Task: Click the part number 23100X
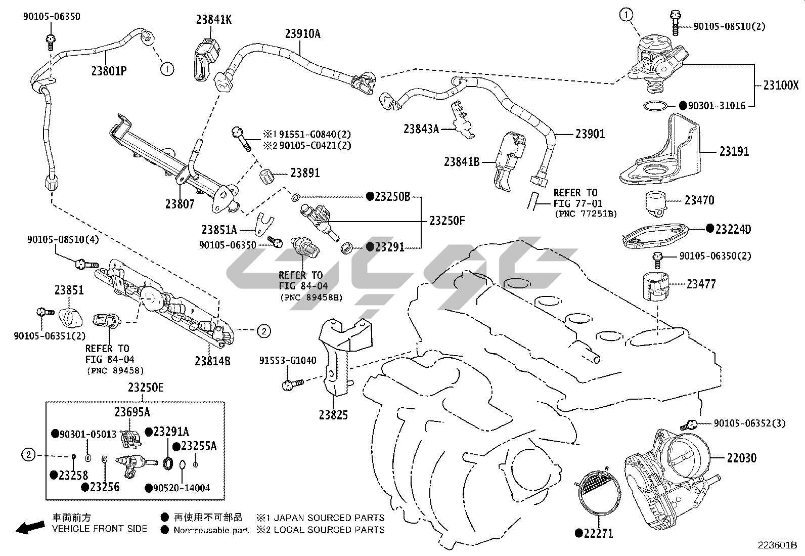(781, 85)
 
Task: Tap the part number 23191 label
(734, 151)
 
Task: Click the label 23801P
(109, 71)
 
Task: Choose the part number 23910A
(302, 34)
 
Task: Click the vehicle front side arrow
(29, 528)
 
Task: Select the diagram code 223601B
(777, 546)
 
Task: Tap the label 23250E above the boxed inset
(146, 388)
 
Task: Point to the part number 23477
(701, 284)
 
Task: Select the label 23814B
(212, 361)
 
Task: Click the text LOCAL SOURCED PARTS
(329, 530)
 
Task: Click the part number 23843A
(421, 129)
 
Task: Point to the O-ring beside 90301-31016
(656, 106)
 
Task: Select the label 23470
(699, 200)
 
